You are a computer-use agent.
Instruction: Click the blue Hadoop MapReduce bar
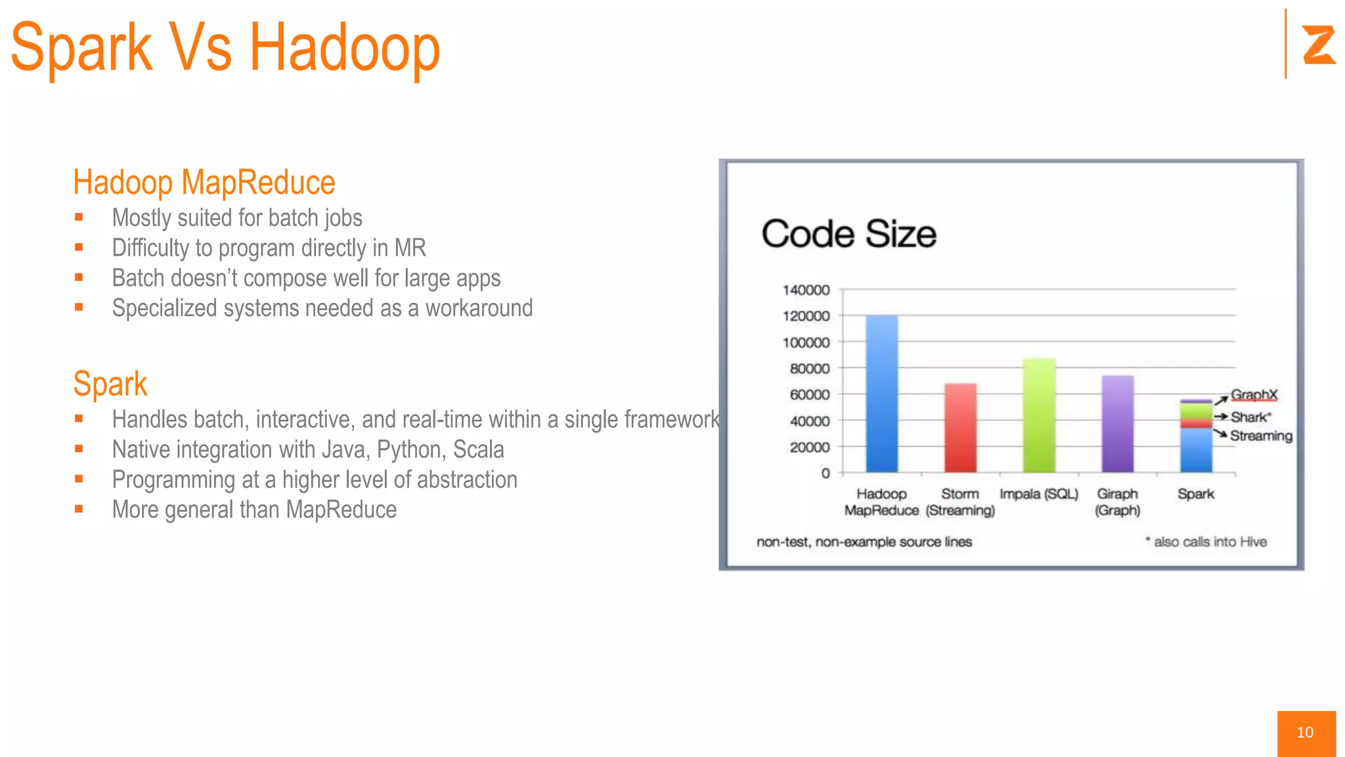click(x=881, y=394)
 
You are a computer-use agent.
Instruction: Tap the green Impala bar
click(x=1039, y=416)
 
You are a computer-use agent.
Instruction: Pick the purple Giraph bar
click(x=1117, y=424)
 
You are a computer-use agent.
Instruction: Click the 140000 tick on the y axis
click(x=806, y=290)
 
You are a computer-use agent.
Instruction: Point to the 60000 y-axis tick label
click(x=809, y=394)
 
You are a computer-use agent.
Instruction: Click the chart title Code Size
click(x=849, y=234)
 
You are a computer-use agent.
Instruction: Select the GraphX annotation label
click(x=1254, y=394)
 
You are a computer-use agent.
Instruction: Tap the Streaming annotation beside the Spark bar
click(x=1260, y=436)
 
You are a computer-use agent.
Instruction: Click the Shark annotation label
click(x=1250, y=417)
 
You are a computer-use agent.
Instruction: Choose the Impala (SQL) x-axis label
click(x=1039, y=494)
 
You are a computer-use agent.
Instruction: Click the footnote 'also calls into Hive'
click(x=1210, y=542)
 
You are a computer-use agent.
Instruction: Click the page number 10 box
click(x=1306, y=733)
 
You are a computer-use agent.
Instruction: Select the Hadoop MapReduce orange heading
click(x=204, y=183)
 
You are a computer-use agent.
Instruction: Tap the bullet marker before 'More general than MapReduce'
click(x=79, y=509)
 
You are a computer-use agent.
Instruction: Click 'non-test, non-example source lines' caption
click(x=864, y=542)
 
